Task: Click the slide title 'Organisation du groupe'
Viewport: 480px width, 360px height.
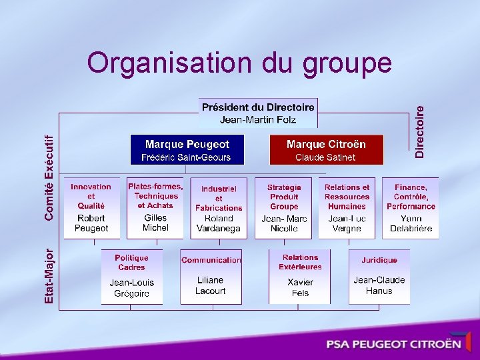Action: [239, 63]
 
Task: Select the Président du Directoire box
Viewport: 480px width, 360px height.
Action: [258, 113]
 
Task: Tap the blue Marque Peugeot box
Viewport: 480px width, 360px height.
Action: [187, 150]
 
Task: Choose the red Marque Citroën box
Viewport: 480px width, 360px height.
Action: [326, 150]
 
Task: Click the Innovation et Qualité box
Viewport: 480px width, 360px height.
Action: [91, 207]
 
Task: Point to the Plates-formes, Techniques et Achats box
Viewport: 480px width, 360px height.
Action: [155, 207]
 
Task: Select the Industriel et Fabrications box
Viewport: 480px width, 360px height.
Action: [219, 208]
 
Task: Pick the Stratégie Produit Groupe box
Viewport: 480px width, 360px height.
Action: [284, 208]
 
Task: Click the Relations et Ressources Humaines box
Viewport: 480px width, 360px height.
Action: [347, 208]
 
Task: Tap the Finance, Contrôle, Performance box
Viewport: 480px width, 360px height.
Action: [411, 208]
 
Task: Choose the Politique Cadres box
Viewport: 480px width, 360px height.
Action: [131, 276]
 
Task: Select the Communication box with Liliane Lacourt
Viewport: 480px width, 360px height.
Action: [211, 276]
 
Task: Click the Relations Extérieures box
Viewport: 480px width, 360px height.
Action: [300, 276]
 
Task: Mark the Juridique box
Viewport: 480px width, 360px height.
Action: [379, 276]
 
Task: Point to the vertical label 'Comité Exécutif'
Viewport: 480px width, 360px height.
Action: [49, 177]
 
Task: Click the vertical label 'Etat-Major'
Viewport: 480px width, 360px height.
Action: [49, 276]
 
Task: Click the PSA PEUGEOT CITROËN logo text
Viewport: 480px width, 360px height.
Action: [393, 344]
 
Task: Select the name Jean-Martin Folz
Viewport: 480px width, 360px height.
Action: [258, 119]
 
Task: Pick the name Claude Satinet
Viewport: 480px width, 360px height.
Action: [326, 157]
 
